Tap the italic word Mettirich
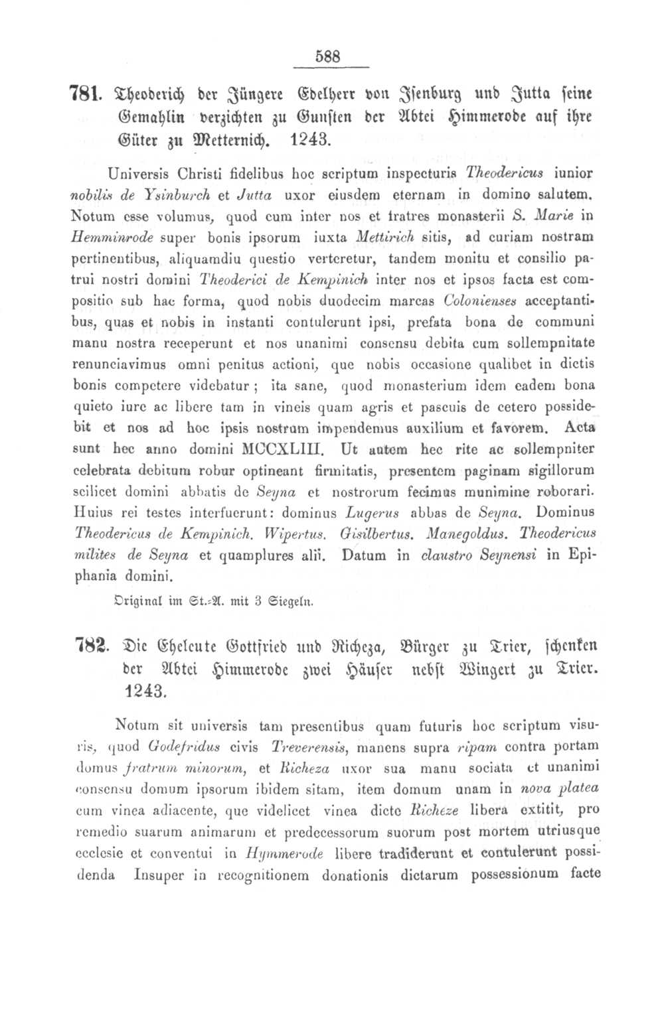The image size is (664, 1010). [384, 237]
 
